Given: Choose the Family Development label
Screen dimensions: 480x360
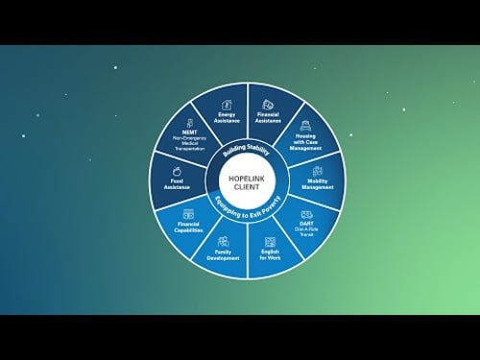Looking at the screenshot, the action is (x=223, y=254).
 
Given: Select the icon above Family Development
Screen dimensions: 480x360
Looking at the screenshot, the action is (x=223, y=241).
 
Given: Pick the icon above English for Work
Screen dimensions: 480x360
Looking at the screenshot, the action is (x=269, y=241).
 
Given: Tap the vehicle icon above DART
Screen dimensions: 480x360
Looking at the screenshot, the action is (x=306, y=214).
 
